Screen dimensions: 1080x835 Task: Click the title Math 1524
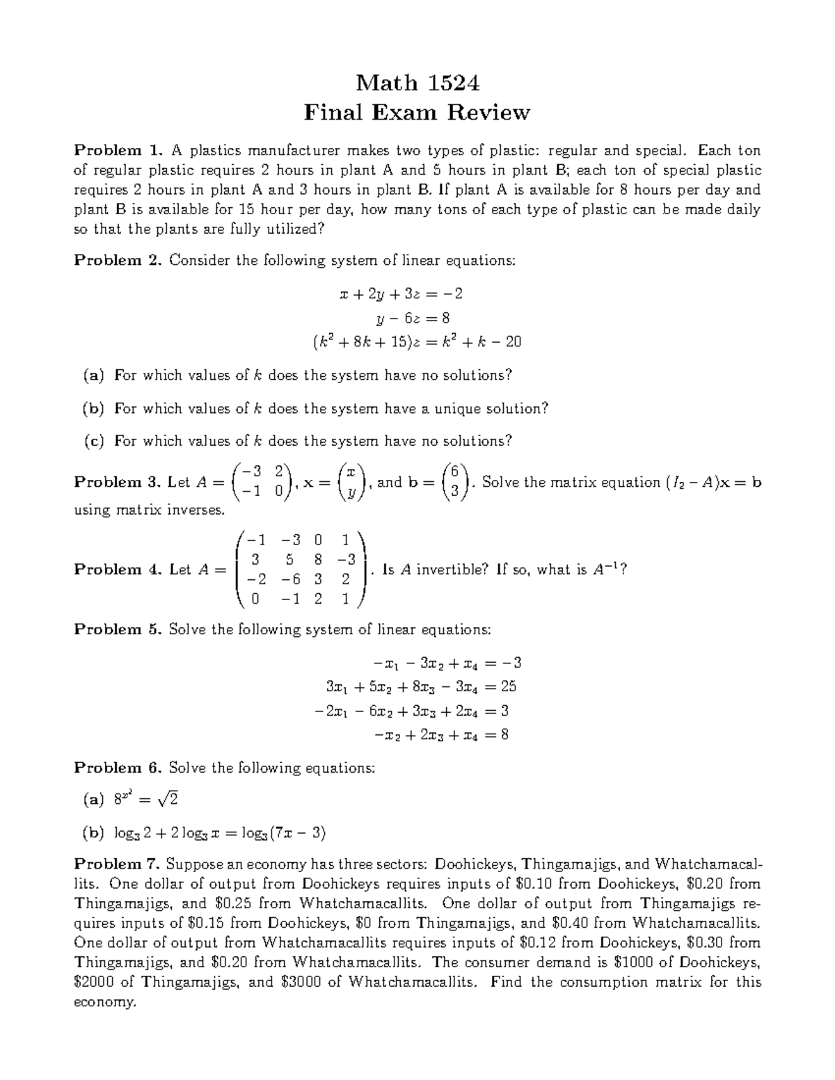417,83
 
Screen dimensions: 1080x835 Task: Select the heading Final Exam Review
417,112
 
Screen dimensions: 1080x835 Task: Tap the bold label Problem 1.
118,150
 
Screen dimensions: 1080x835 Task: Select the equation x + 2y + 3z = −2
401,294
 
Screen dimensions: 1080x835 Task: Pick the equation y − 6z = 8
413,318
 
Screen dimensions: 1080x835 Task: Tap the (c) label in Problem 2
93,441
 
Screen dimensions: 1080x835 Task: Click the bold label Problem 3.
118,483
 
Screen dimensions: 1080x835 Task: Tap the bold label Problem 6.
118,768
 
